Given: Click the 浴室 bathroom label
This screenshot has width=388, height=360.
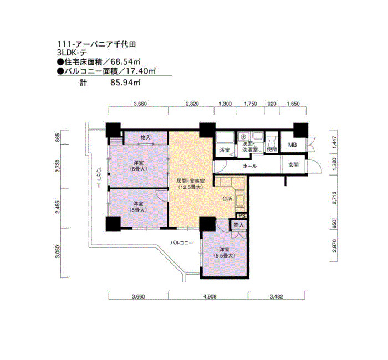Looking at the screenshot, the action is coord(225,150).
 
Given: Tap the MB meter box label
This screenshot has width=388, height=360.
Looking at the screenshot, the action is coord(292,145).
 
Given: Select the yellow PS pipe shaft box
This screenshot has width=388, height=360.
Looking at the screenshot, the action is coord(242,216).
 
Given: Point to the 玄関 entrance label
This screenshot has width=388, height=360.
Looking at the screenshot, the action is coord(293,164).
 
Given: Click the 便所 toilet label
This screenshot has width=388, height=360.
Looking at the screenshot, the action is coord(272,149).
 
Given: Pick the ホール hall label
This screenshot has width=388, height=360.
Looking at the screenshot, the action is coord(250,166).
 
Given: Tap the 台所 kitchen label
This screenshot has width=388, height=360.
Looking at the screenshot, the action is coord(227,198).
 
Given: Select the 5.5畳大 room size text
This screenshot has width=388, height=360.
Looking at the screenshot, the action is coord(224,256).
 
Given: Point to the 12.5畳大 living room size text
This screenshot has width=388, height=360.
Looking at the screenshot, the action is coord(191,187).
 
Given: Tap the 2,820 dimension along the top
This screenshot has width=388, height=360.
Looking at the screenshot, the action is coord(192,104).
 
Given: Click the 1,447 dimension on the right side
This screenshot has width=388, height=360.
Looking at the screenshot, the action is coord(334,142).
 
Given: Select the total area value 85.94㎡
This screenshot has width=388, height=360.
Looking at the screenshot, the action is coord(125,83).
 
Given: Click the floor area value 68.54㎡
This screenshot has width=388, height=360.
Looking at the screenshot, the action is coord(125,61).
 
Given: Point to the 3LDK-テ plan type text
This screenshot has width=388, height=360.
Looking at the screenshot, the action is coord(72,53).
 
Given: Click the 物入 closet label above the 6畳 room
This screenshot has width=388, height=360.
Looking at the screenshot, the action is coord(145,137).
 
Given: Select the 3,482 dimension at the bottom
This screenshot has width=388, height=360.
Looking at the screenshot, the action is coord(277,296).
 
